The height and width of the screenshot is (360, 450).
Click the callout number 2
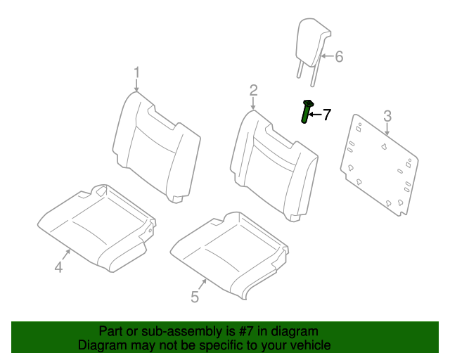click(x=253, y=90)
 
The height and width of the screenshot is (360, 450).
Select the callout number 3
click(x=387, y=116)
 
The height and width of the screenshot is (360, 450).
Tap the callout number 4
click(x=58, y=267)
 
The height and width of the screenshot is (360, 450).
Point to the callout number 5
click(x=195, y=297)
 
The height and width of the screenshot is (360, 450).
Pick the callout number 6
click(x=338, y=56)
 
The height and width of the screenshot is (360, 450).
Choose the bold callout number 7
click(x=326, y=114)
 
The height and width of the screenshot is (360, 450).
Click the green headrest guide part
click(x=306, y=111)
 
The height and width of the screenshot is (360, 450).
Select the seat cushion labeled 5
click(x=225, y=250)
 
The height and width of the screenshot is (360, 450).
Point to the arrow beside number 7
click(x=315, y=114)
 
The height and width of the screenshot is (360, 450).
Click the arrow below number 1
click(x=137, y=86)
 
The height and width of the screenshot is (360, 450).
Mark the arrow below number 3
click(x=387, y=129)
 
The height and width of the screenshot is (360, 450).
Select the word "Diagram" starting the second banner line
click(x=101, y=345)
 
